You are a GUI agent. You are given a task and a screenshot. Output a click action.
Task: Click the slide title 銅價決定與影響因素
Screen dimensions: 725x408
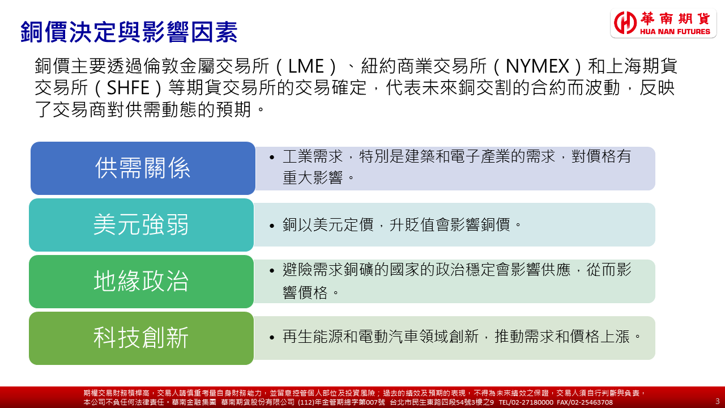click(x=129, y=32)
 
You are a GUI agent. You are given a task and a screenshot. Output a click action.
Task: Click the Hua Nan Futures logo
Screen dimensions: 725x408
click(x=663, y=23)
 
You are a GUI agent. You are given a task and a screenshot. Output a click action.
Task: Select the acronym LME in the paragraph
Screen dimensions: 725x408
click(x=306, y=66)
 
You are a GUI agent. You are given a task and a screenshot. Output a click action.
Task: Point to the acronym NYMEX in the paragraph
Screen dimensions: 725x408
click(x=538, y=66)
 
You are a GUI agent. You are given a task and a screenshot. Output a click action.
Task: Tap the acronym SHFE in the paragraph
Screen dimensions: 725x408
click(x=128, y=88)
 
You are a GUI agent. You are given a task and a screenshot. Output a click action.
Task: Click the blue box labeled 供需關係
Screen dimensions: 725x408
click(x=143, y=168)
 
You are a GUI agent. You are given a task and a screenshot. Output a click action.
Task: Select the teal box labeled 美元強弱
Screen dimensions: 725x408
click(x=141, y=225)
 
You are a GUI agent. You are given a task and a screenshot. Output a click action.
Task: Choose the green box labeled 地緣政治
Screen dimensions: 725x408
click(x=141, y=282)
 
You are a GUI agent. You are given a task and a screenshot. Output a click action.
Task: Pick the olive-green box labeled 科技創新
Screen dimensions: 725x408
click(x=141, y=338)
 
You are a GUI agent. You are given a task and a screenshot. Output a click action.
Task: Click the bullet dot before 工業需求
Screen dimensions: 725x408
click(x=272, y=158)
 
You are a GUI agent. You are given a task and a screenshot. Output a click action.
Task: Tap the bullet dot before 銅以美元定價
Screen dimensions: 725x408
click(x=272, y=226)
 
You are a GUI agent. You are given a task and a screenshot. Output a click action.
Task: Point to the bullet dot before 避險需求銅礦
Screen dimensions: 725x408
click(x=272, y=271)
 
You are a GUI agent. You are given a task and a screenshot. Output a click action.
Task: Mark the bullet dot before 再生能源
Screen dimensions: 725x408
click(x=272, y=338)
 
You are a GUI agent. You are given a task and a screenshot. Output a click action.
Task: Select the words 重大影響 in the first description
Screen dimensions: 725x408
click(x=313, y=177)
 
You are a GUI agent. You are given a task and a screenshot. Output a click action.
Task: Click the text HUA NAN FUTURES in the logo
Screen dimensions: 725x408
click(x=675, y=31)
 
